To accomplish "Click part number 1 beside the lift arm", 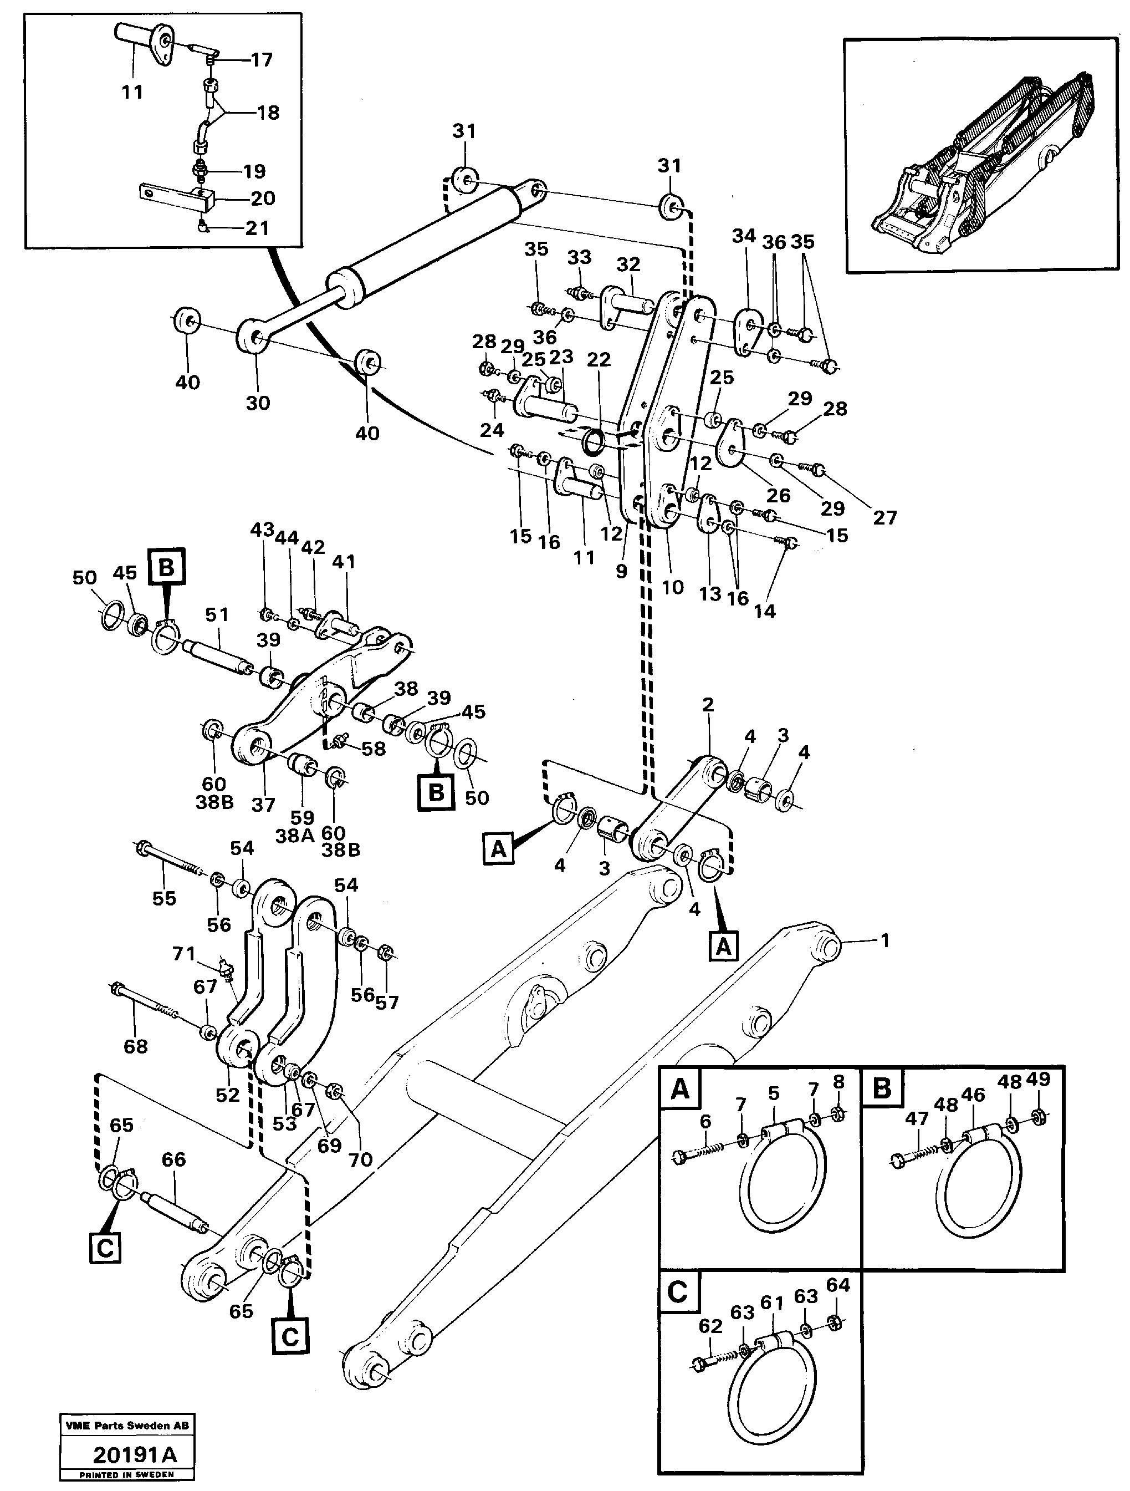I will pos(884,940).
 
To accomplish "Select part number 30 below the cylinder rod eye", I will pos(257,403).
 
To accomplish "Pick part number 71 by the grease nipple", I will pos(183,954).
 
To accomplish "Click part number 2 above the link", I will pos(708,705).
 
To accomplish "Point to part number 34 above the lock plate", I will pos(743,236).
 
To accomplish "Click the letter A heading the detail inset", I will pos(680,1088).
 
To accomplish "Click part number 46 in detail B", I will pos(973,1095).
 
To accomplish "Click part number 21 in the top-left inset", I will pos(257,228).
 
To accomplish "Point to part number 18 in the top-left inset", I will pos(268,113).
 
